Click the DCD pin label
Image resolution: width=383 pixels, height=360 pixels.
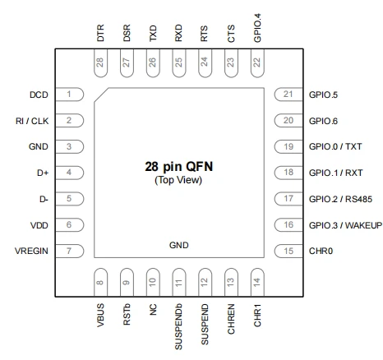pos(39,95)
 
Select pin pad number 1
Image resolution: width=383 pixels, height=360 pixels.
pos(70,95)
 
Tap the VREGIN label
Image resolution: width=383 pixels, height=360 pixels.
pos(31,251)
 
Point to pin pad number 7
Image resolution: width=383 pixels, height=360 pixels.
pos(70,251)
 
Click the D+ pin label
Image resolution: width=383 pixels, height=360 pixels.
pos(43,173)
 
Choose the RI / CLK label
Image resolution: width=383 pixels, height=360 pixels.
pos(32,121)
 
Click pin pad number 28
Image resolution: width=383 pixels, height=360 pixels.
pos(100,63)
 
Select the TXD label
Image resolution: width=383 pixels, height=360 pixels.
pos(153,33)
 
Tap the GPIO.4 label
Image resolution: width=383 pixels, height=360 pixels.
pos(257,28)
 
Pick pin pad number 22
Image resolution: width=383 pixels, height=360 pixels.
pos(257,63)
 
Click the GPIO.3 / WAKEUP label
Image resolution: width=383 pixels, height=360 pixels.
pos(345,225)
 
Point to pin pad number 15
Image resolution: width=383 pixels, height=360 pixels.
pos(288,251)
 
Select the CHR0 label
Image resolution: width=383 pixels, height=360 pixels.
pos(321,251)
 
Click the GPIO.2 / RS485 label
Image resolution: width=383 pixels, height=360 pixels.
pos(340,199)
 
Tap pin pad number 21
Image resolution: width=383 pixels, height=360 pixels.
pos(288,95)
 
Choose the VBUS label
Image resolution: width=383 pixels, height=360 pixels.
pos(100,315)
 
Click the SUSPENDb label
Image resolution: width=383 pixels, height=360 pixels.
pos(178,326)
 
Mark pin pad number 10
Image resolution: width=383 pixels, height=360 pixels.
pos(153,282)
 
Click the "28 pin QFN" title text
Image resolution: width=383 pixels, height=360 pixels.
pos(178,167)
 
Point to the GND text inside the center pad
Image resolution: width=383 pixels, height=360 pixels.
pos(178,245)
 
